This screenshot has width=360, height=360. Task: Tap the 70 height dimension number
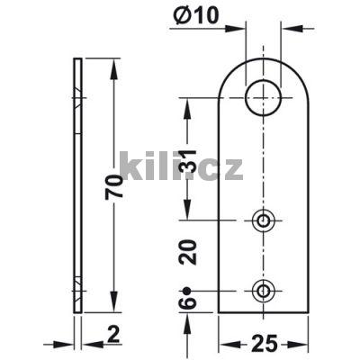[x=114, y=186]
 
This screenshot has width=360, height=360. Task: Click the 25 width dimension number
[x=265, y=342]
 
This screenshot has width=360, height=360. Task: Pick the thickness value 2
[x=113, y=336]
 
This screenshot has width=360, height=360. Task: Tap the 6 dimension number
[x=187, y=302]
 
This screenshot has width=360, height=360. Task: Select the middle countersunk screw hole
[x=264, y=220]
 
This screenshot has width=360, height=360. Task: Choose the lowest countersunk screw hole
[x=264, y=290]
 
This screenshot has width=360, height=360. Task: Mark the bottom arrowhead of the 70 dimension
[x=113, y=306]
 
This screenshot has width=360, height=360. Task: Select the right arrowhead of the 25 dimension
[x=305, y=342]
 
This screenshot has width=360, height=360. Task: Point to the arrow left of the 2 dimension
[x=67, y=342]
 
